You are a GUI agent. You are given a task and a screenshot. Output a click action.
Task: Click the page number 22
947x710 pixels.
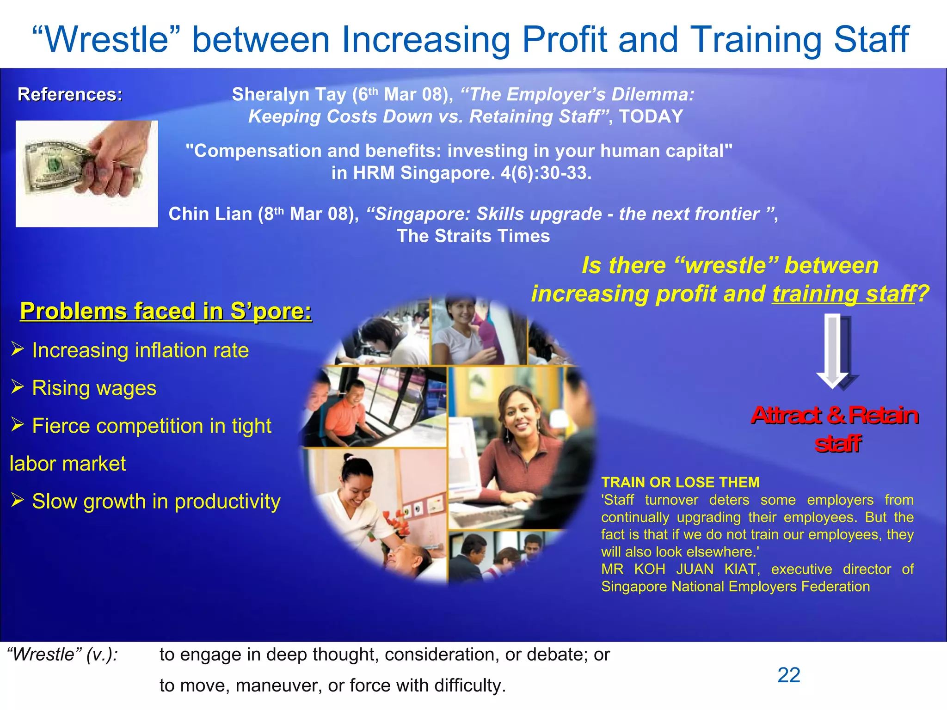(788, 675)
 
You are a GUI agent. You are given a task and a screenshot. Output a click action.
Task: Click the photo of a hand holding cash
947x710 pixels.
(86, 174)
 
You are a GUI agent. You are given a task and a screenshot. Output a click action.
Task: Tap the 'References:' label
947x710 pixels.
(70, 94)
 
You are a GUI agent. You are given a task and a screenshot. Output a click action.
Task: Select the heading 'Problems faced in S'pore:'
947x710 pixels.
(166, 311)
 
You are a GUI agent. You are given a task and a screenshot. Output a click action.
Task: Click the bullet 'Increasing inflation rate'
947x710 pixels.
(140, 350)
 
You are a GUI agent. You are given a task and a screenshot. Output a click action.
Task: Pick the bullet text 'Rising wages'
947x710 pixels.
(94, 388)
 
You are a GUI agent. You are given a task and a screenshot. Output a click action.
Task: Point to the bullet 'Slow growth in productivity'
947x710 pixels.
(156, 502)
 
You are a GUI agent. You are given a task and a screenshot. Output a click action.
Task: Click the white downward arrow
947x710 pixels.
(832, 351)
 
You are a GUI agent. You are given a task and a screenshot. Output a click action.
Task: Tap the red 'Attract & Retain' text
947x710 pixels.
(835, 415)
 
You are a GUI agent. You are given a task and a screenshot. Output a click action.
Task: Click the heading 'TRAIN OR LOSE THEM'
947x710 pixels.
(680, 483)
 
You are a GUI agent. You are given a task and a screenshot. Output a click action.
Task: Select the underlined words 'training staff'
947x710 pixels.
(843, 294)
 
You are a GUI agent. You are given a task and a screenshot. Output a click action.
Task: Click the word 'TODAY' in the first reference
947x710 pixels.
(651, 116)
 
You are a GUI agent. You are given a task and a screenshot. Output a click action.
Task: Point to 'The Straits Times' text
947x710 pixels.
(473, 236)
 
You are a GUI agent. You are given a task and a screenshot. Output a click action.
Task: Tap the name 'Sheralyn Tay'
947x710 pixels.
(289, 95)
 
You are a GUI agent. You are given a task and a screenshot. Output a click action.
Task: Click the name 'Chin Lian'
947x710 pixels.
(210, 214)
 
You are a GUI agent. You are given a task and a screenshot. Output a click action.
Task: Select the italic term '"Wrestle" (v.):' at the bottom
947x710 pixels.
(62, 655)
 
